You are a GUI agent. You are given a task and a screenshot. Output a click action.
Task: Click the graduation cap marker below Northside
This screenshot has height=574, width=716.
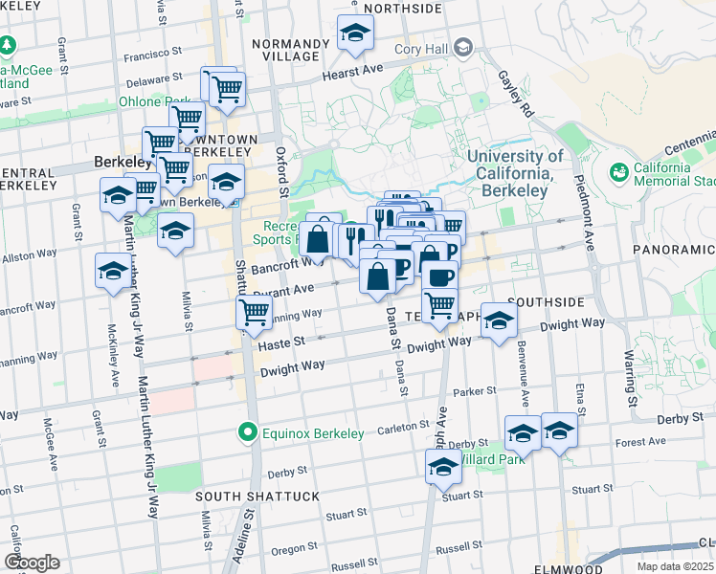click(x=355, y=35)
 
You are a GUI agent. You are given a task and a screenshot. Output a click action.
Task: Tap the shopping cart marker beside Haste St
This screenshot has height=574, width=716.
click(x=255, y=313)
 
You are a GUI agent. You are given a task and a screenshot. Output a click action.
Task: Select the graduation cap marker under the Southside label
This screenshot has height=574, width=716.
click(x=499, y=321)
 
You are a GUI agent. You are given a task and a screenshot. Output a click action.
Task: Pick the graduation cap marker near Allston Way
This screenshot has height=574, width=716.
click(x=114, y=271)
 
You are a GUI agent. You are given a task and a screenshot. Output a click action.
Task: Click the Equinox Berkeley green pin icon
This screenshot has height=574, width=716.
click(x=249, y=433)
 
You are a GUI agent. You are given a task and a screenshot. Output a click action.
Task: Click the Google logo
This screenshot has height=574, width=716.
click(x=32, y=563)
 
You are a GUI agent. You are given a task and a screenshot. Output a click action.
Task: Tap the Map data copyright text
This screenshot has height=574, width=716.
click(x=676, y=566)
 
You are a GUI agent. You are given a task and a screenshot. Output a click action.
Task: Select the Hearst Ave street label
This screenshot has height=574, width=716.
click(x=352, y=73)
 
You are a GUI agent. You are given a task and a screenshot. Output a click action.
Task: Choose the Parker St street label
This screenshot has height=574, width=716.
click(x=475, y=391)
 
